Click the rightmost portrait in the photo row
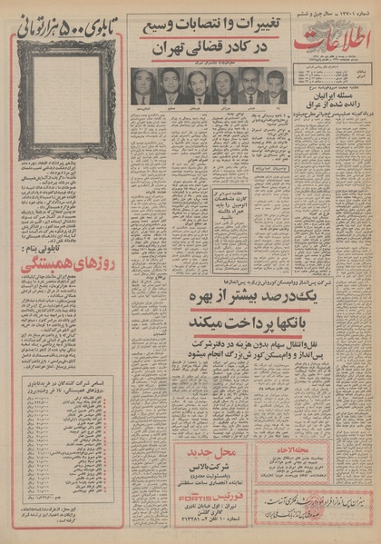click(276, 88)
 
